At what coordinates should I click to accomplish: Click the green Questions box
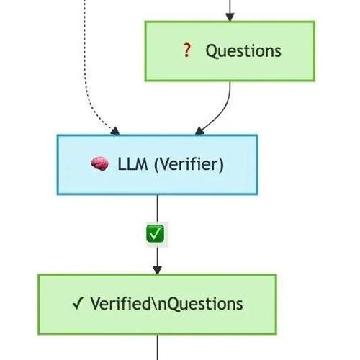coord(230,51)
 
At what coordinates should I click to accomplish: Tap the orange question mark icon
coord(187,50)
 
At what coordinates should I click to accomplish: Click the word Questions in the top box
coord(243,51)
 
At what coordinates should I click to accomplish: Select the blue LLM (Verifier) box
coord(158,165)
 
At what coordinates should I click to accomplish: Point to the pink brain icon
coord(99,163)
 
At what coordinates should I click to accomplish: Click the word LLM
coord(132,164)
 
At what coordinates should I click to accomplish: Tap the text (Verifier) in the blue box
coord(189,165)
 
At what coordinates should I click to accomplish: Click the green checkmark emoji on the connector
coord(156,233)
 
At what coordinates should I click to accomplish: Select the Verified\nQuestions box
coord(157,305)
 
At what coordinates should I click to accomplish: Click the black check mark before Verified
coord(78,303)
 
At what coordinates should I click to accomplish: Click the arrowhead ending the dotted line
coord(115,131)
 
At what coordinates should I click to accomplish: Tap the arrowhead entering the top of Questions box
coord(230,17)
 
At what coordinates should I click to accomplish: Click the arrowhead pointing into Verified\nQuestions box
coord(157,270)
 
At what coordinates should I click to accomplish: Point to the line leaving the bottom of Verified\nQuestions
coord(158,347)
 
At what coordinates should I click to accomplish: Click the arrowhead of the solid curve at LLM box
coord(199,131)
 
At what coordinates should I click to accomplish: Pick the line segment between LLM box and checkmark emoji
coord(157,210)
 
